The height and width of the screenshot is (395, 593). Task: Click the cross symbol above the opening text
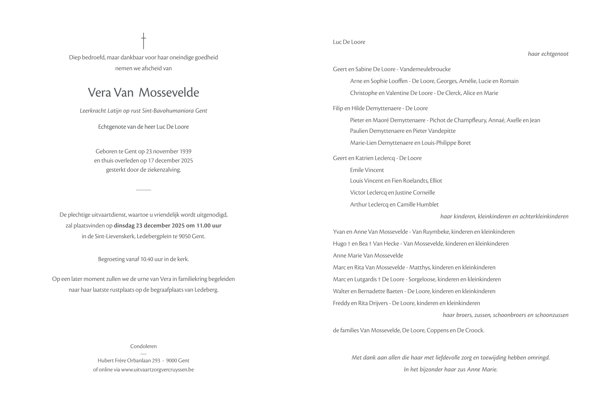pos(143,41)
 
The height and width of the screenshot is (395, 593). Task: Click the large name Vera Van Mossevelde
pos(143,92)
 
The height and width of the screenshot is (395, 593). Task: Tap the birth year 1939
pos(185,151)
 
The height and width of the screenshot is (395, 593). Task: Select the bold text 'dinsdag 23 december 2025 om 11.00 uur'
pos(167,226)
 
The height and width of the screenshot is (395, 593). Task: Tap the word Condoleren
pos(143,346)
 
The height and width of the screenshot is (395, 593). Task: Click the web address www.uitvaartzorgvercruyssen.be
pos(158,370)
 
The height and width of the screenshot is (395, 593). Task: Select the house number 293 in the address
pos(156,360)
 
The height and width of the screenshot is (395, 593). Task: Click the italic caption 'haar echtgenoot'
pos(548,54)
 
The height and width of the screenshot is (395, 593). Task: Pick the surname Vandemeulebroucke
pos(425,69)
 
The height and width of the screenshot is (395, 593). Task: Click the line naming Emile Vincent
pos(367,170)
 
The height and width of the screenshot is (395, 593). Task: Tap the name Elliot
pos(436,181)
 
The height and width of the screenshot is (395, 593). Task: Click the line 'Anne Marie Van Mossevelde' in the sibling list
pos(368,255)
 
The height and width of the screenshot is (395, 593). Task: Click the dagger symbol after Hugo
pos(349,244)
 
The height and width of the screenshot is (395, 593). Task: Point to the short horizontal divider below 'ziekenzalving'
pos(143,190)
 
